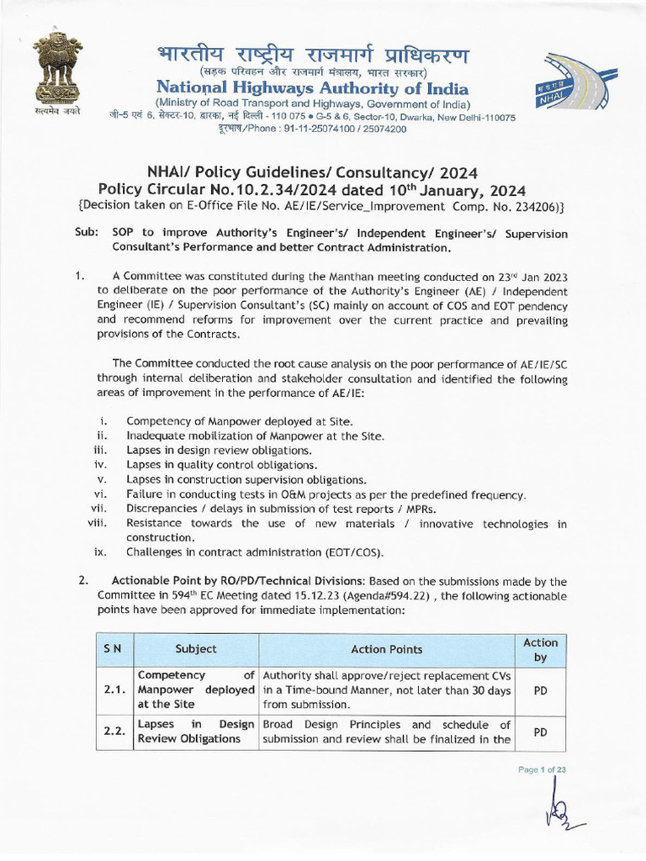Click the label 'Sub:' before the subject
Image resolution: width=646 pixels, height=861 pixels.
(86, 234)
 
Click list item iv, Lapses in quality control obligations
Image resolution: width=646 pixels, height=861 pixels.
(221, 464)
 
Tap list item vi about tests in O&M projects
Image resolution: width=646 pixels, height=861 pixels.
(326, 494)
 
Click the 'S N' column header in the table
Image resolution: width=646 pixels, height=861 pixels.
(113, 649)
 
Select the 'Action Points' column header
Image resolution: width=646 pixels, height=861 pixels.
(386, 649)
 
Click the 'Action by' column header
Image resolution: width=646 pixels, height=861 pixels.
(540, 649)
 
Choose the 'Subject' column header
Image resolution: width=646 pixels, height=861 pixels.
(196, 649)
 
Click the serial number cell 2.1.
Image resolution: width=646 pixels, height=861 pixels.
(114, 689)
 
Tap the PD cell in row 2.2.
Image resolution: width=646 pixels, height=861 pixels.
(540, 732)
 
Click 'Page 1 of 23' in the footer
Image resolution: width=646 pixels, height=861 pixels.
(542, 770)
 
